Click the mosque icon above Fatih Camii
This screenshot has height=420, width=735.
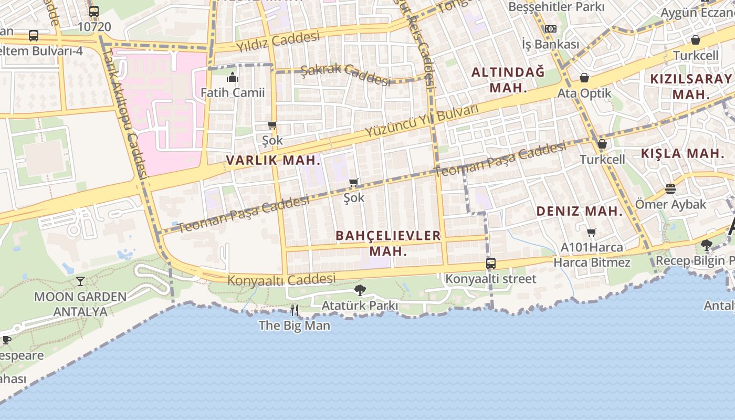point(233,78)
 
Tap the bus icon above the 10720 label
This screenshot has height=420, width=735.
point(94,11)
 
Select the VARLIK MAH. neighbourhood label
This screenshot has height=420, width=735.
point(273,160)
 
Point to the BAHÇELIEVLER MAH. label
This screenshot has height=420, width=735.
point(388,243)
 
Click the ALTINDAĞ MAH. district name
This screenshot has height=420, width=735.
point(508,80)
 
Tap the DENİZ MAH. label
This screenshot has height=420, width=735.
point(579,212)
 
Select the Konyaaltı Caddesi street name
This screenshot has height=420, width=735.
point(281,279)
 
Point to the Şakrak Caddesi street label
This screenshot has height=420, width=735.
point(346,74)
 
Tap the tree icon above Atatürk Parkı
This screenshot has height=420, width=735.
point(360,290)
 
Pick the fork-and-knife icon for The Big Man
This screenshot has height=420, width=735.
point(295,310)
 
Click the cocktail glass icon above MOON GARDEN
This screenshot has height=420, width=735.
point(80,281)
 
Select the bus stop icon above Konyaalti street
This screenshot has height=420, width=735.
point(491,264)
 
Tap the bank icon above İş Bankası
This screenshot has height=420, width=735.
point(550,29)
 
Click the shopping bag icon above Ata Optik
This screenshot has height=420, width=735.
point(584,78)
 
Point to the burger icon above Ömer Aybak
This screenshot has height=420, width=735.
point(670,188)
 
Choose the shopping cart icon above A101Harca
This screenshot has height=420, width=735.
point(592,232)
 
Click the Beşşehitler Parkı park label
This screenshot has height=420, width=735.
point(556,7)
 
